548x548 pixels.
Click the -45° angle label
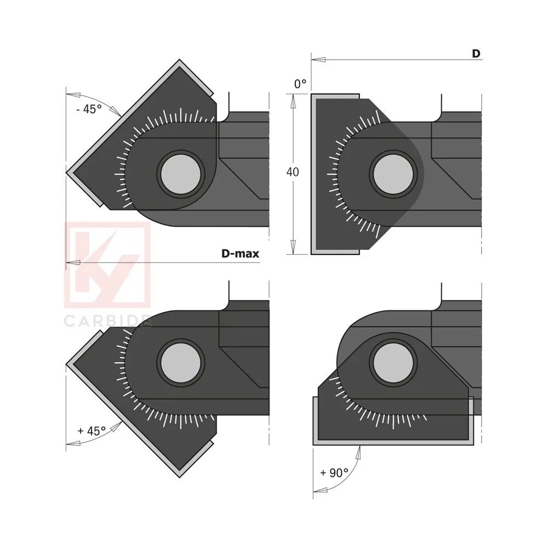[89, 109]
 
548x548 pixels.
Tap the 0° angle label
[300, 84]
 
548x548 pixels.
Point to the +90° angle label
[334, 472]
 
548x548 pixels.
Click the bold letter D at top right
[476, 54]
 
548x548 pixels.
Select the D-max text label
[240, 254]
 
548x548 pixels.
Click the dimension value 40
[293, 172]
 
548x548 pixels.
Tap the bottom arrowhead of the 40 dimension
[293, 248]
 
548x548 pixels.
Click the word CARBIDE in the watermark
[107, 322]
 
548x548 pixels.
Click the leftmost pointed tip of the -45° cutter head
[67, 172]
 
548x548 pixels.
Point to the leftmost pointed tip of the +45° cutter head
[67, 363]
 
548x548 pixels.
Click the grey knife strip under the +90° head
[393, 442]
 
